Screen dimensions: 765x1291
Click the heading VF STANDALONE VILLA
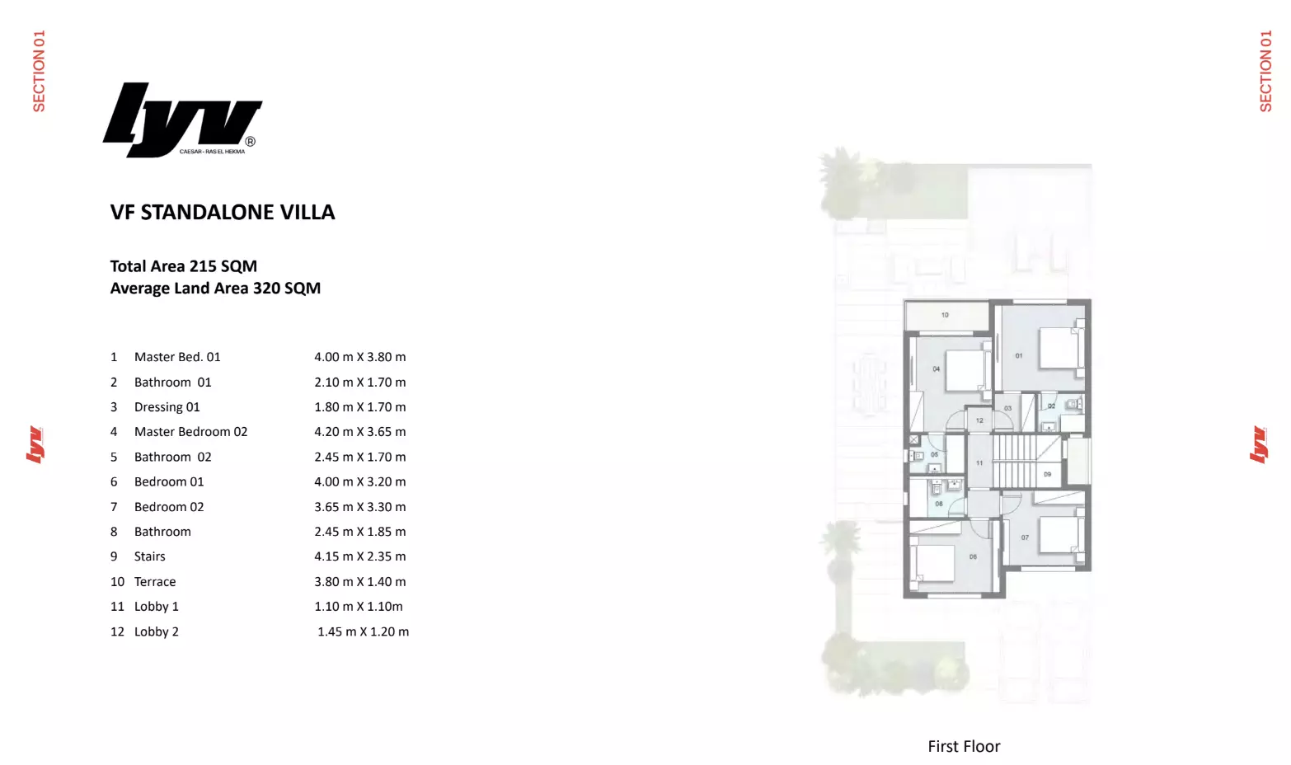[x=223, y=213]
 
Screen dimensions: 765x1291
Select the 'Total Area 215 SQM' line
[x=184, y=266]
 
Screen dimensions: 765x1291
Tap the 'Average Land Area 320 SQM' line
[x=215, y=289]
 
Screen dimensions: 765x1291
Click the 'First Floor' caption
[x=964, y=746]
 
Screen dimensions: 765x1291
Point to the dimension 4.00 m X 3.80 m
[x=359, y=357]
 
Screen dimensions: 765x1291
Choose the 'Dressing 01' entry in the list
[x=167, y=407]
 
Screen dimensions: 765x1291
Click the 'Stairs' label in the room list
[x=149, y=556]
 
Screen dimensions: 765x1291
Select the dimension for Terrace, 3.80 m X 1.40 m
[x=359, y=582]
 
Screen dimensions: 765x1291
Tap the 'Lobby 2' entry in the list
[x=156, y=631]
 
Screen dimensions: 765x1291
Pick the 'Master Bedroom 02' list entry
[x=190, y=432]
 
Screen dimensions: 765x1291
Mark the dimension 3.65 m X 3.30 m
[x=359, y=507]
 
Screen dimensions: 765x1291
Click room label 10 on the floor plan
[x=945, y=315]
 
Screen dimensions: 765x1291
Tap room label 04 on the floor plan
[x=936, y=369]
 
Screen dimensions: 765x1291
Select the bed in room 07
[x=1059, y=535]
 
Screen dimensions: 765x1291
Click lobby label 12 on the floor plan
[x=979, y=420]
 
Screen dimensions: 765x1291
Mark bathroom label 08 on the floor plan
[x=939, y=504]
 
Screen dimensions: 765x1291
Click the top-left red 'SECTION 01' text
[x=39, y=71]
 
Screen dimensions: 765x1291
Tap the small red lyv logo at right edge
[x=1258, y=444]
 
